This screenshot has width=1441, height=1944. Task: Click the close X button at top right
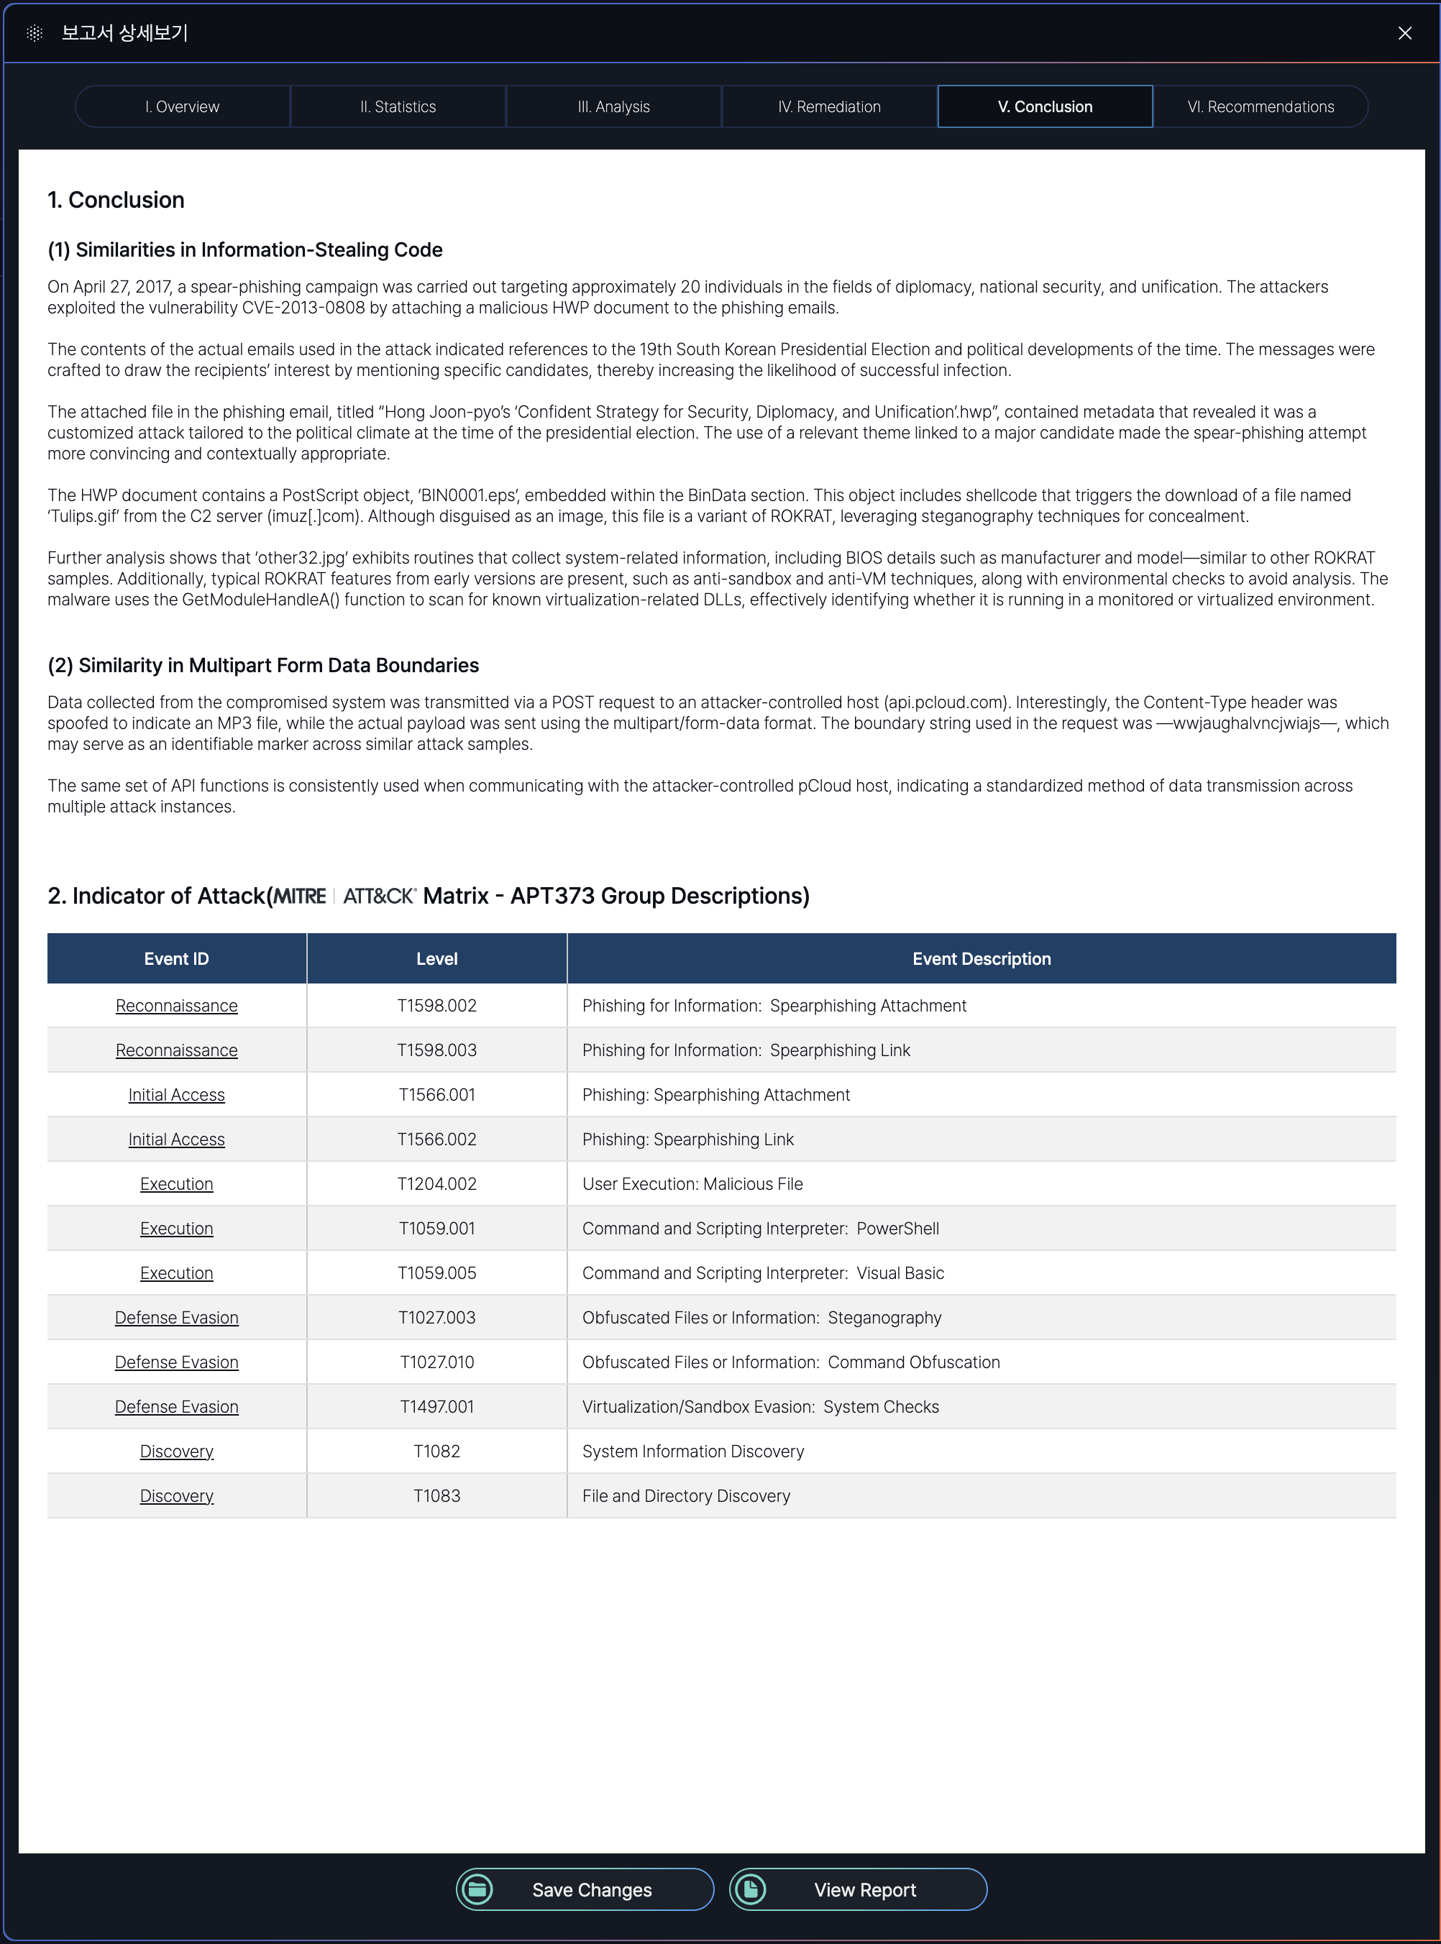point(1404,33)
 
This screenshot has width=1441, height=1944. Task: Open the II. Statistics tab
point(398,106)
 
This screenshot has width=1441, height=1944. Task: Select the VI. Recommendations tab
point(1260,106)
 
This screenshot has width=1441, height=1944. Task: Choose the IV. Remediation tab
point(828,106)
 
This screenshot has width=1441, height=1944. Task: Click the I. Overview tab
point(183,106)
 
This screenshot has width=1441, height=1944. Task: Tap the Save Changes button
point(585,1889)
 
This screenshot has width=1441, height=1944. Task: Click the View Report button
point(859,1889)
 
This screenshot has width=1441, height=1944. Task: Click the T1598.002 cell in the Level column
point(436,1006)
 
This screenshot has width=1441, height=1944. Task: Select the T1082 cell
point(436,1452)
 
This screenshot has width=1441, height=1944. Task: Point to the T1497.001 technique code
point(436,1407)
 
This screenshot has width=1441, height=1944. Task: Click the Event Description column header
point(982,958)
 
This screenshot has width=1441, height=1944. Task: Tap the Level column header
point(436,958)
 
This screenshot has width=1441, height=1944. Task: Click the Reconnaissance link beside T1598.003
point(176,1050)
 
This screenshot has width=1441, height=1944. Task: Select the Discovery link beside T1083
point(176,1495)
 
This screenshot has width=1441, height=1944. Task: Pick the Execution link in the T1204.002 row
point(176,1183)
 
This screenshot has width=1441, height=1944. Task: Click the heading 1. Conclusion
point(116,200)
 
